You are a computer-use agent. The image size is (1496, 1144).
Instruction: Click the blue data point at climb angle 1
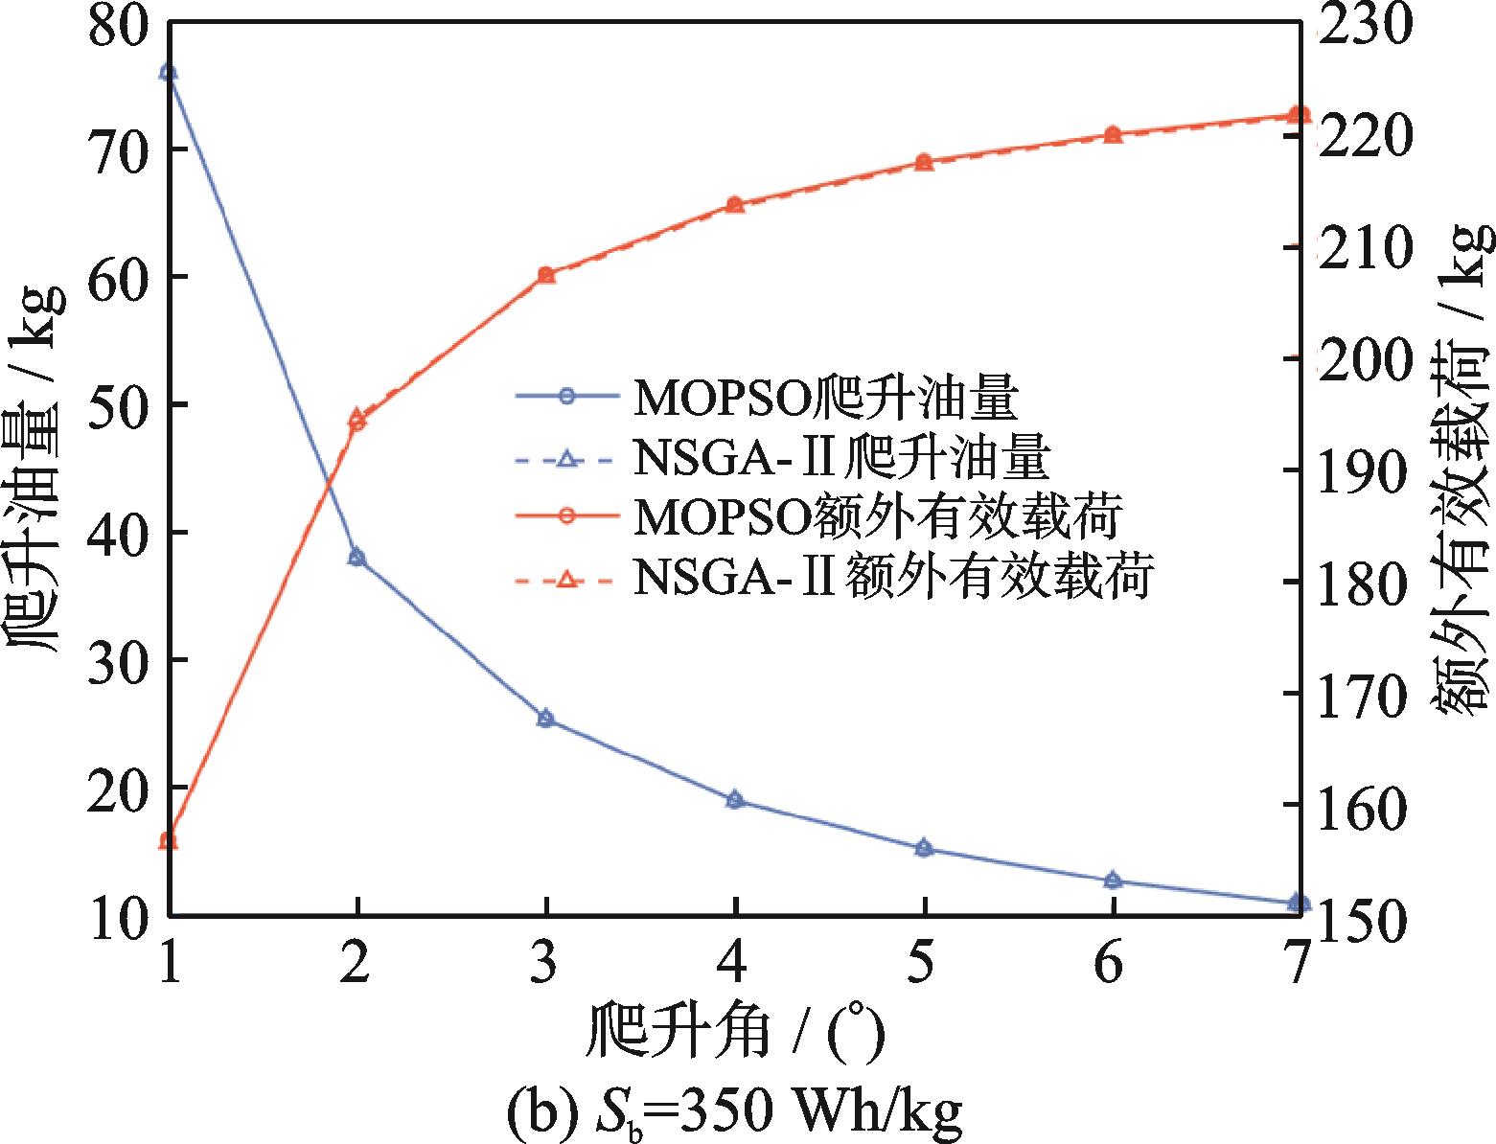click(x=169, y=73)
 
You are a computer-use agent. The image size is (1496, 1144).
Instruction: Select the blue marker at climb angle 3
click(x=546, y=719)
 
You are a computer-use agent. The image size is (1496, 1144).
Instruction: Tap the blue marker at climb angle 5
click(x=924, y=848)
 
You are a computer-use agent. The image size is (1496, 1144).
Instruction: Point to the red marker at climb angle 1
click(x=169, y=841)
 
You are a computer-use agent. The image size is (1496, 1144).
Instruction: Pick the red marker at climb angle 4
click(x=735, y=204)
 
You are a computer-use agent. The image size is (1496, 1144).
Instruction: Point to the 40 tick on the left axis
click(x=117, y=532)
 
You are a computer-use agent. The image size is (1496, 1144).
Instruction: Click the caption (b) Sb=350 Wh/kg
click(x=735, y=1111)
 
